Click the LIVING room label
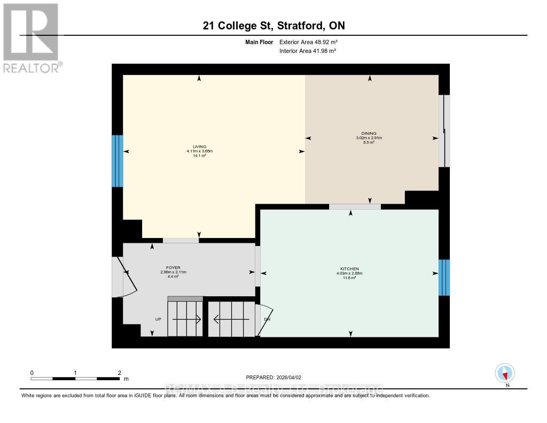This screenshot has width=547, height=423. point(199,147)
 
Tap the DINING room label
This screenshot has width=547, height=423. point(369,134)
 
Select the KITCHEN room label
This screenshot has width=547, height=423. point(349,268)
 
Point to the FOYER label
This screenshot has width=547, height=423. point(173,267)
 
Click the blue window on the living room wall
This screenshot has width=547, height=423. point(117,160)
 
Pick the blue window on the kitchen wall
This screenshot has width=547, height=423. point(444,278)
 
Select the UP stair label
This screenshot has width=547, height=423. point(158,319)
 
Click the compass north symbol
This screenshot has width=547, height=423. point(505,373)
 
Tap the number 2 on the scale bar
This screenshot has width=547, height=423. point(119,373)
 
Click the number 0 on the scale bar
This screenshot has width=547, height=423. point(32,373)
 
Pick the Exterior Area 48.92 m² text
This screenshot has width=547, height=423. point(308,42)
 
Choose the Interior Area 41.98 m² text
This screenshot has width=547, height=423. point(308,51)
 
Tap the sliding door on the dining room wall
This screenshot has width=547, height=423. point(444,131)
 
